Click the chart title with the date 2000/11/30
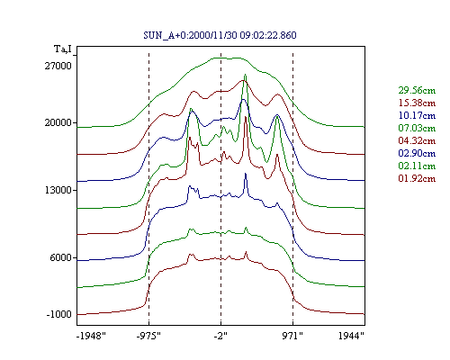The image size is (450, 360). tap(220, 35)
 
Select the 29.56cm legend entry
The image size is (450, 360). tap(417, 90)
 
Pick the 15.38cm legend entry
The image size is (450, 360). tap(417, 103)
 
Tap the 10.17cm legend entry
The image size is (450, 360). tap(417, 115)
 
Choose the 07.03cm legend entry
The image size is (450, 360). tap(417, 128)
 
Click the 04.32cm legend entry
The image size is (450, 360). tap(417, 140)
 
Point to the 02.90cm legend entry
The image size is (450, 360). tap(417, 153)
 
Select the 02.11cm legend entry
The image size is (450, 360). tap(417, 166)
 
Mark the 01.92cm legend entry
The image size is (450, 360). tap(417, 178)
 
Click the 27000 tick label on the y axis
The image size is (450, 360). tap(58, 66)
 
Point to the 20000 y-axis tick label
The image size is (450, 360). tap(58, 122)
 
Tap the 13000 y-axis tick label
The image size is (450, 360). tap(58, 190)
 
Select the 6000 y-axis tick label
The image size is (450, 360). tap(61, 257)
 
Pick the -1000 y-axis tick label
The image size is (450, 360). tap(58, 314)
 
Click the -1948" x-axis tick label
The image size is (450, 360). tap(91, 336)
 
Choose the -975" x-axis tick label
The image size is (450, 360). tap(148, 336)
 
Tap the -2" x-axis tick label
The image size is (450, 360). tap(220, 336)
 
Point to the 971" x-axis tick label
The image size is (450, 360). tap(292, 336)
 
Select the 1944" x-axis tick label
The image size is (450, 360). tap(351, 336)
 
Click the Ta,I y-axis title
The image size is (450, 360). tap(63, 49)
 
